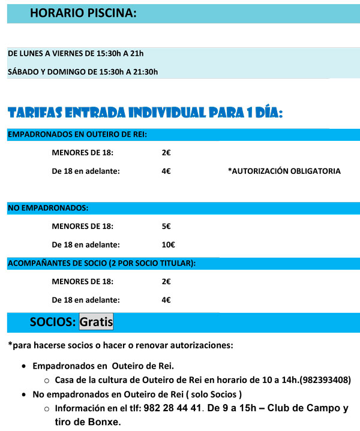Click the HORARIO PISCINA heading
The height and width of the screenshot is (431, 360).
click(83, 13)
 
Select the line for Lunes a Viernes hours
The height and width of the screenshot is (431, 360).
click(76, 53)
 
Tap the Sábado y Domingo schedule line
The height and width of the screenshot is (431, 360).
click(83, 72)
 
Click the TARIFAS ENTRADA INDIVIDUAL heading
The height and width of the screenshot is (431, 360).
click(145, 113)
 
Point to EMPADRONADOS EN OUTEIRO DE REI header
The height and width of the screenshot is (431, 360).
click(77, 135)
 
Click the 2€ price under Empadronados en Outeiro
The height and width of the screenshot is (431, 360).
click(166, 152)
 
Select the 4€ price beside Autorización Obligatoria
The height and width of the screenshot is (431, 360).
click(166, 171)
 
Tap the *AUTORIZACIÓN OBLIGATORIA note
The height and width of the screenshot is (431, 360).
click(284, 171)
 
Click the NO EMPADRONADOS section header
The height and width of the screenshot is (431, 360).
click(48, 208)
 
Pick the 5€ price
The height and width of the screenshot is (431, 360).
click(166, 226)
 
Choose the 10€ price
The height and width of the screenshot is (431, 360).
click(168, 244)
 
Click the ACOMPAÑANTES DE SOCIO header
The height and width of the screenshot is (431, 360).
click(101, 263)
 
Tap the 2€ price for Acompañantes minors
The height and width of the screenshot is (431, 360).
click(166, 281)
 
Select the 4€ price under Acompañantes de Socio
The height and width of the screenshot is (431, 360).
click(166, 300)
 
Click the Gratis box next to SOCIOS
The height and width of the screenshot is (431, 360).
click(96, 322)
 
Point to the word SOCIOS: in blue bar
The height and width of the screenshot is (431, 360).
click(53, 322)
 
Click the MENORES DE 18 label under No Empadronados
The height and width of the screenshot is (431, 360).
click(83, 226)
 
